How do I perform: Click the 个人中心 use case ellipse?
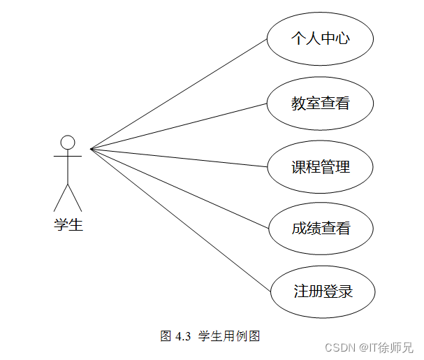point(321,38)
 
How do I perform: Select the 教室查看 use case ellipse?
point(321,103)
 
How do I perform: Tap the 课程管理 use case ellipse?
point(321,168)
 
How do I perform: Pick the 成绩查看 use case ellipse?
point(321,229)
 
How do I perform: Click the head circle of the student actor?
point(68,143)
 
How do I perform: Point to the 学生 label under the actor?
point(68,225)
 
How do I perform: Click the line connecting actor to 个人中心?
point(179,94)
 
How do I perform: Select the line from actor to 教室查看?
point(179,127)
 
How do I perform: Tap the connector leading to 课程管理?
point(179,158)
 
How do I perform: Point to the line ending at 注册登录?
point(179,218)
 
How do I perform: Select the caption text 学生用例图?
point(229,336)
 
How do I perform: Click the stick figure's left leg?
point(61,197)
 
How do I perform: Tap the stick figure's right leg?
point(75,197)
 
